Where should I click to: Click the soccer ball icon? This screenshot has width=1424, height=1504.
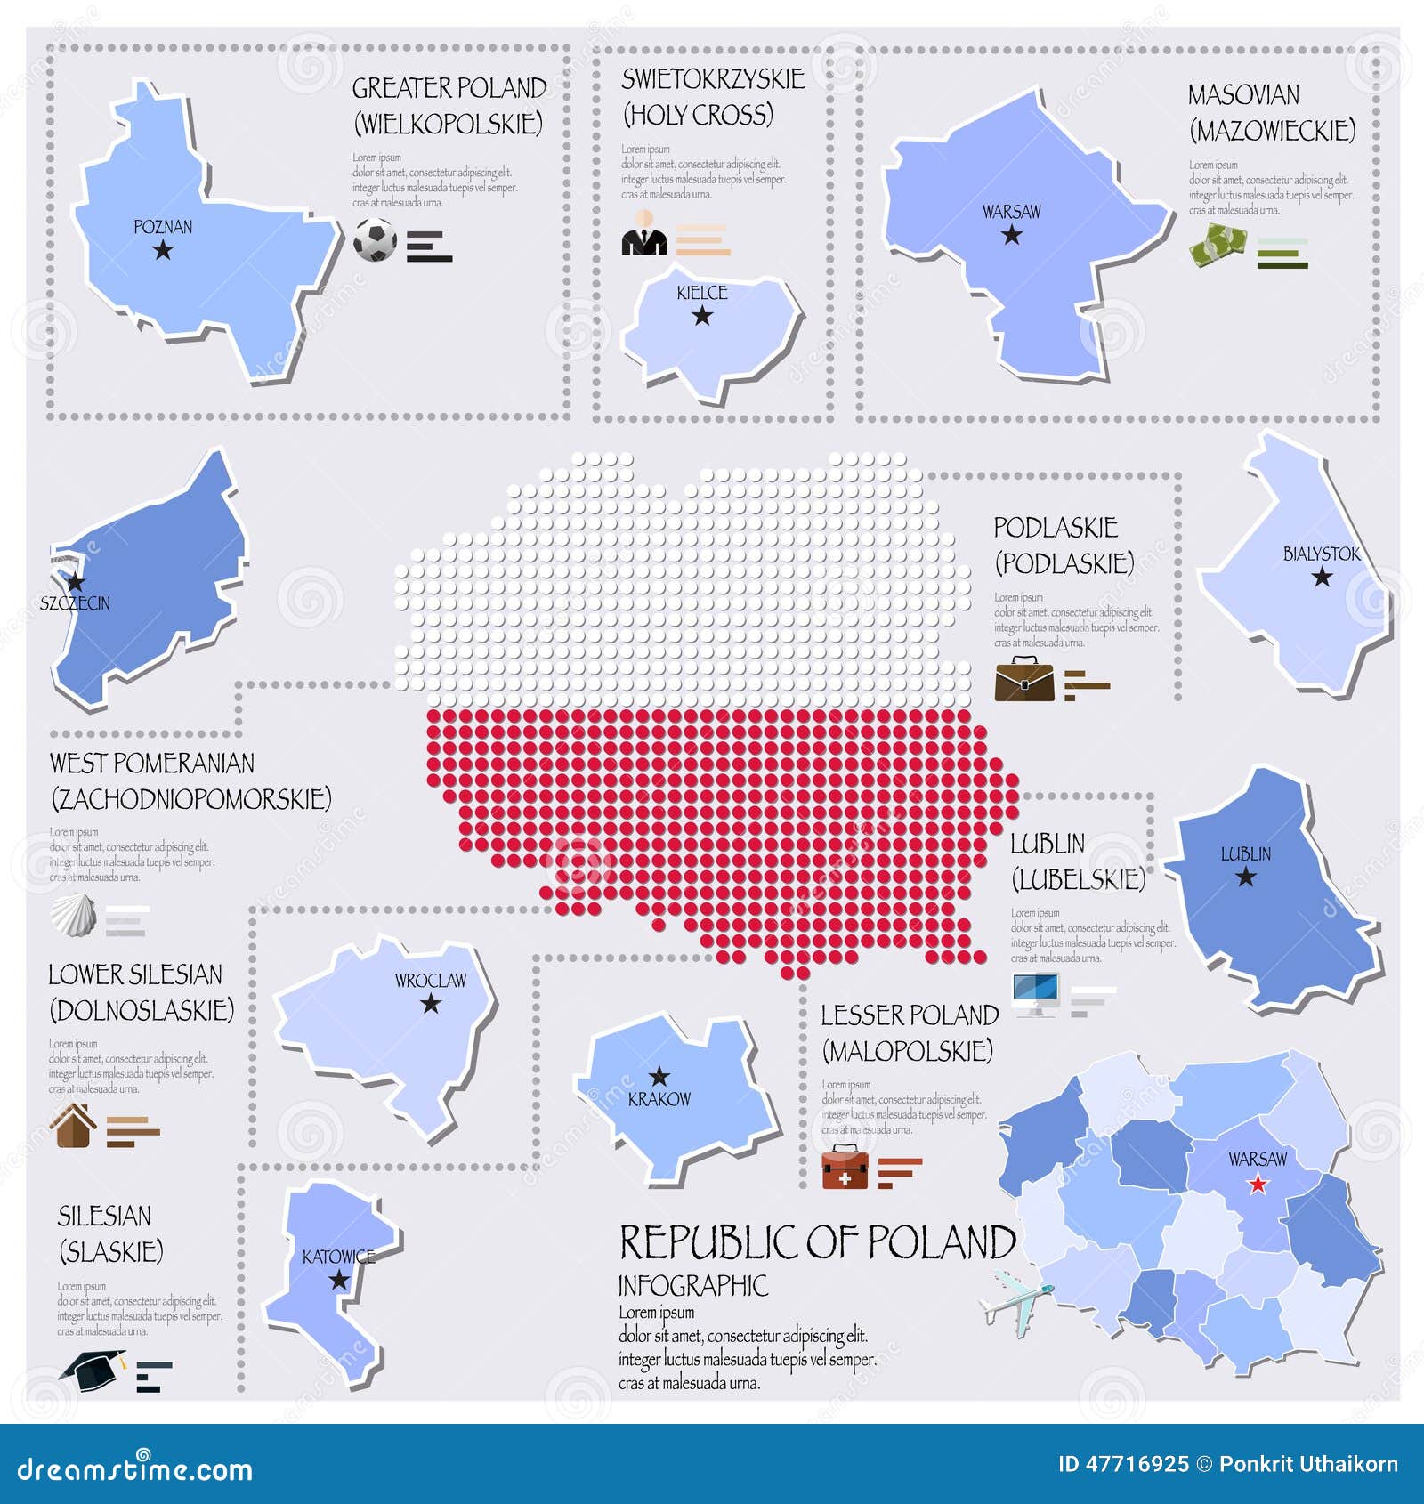click(x=375, y=239)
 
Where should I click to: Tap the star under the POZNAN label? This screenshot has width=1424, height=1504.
click(x=163, y=250)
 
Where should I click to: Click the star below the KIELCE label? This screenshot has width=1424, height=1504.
click(x=702, y=316)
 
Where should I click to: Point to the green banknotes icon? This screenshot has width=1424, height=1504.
click(x=1218, y=245)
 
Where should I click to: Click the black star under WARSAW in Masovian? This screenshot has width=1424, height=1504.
click(x=1012, y=235)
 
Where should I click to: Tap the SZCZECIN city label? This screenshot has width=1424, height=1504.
click(x=76, y=603)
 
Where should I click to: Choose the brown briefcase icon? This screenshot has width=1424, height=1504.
click(x=1023, y=680)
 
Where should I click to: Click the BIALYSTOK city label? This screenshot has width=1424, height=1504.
click(x=1321, y=554)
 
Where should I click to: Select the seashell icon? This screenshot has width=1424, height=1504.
click(x=73, y=915)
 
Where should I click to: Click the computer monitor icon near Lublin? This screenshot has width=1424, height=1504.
click(x=1035, y=994)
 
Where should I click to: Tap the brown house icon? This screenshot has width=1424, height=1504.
click(x=74, y=1126)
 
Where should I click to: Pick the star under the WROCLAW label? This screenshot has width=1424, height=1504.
click(x=431, y=1004)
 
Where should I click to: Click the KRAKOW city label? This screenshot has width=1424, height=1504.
click(x=659, y=1099)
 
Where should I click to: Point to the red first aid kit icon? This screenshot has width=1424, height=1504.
click(x=845, y=1168)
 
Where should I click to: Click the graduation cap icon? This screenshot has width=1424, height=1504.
click(x=93, y=1370)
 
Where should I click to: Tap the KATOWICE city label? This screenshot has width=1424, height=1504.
click(x=338, y=1257)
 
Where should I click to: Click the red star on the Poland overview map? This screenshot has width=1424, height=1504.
click(x=1258, y=1185)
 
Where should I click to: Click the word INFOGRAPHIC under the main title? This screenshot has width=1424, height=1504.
click(x=692, y=1285)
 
